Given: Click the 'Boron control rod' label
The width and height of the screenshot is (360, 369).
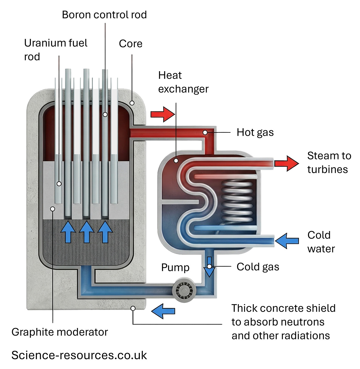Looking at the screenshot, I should pos(104,15).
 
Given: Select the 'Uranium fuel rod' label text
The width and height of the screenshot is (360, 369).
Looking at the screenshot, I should pos(55,50).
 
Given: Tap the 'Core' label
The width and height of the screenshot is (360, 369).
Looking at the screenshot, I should pos(130,43).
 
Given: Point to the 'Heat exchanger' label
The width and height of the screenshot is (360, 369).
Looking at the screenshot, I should pos(183,82).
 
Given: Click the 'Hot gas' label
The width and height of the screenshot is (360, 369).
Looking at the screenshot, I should pos(255,132).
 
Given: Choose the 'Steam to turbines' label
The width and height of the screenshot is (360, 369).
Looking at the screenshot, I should pos(329,163).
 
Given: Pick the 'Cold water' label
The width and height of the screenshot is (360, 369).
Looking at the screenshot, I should pos(321,242).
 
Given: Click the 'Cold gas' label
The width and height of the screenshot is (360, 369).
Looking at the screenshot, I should pos(258,267).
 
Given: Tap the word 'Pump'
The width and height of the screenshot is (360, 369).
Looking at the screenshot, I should pos(175,268).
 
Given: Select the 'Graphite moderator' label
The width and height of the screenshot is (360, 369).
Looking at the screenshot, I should pos(60,332).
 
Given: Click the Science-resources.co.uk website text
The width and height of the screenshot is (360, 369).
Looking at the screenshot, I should pos(79,355).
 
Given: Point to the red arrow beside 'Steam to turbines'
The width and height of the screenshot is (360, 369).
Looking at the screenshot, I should pos(286,163).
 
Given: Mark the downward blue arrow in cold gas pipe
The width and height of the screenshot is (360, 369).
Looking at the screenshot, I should pos(209,267).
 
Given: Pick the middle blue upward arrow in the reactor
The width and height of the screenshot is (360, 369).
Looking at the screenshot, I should pos(87,232).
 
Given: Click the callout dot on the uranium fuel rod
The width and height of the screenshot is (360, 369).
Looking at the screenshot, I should pos(59,184).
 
